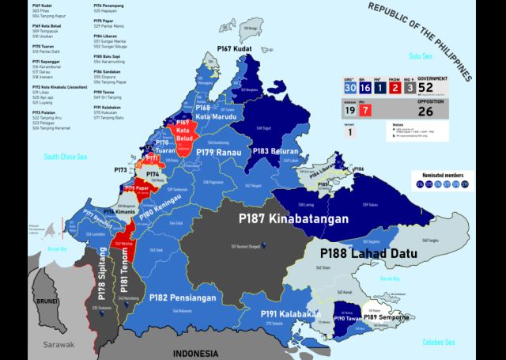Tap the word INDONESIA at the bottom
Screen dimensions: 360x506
[x=208, y=352]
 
